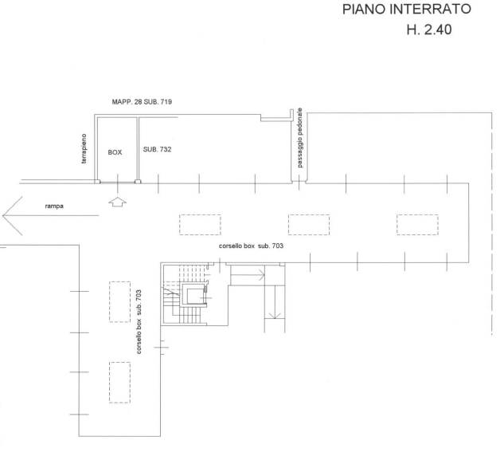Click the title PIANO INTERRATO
click(407, 9)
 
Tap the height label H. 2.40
click(429, 29)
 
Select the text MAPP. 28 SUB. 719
click(142, 102)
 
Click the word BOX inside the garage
click(115, 152)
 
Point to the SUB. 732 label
click(157, 149)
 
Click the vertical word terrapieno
click(84, 148)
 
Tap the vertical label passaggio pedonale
click(299, 138)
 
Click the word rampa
click(54, 206)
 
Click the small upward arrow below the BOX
click(117, 202)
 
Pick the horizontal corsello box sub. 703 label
click(251, 246)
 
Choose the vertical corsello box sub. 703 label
click(139, 322)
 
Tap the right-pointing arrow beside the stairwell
click(248, 275)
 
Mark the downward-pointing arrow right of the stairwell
click(275, 302)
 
